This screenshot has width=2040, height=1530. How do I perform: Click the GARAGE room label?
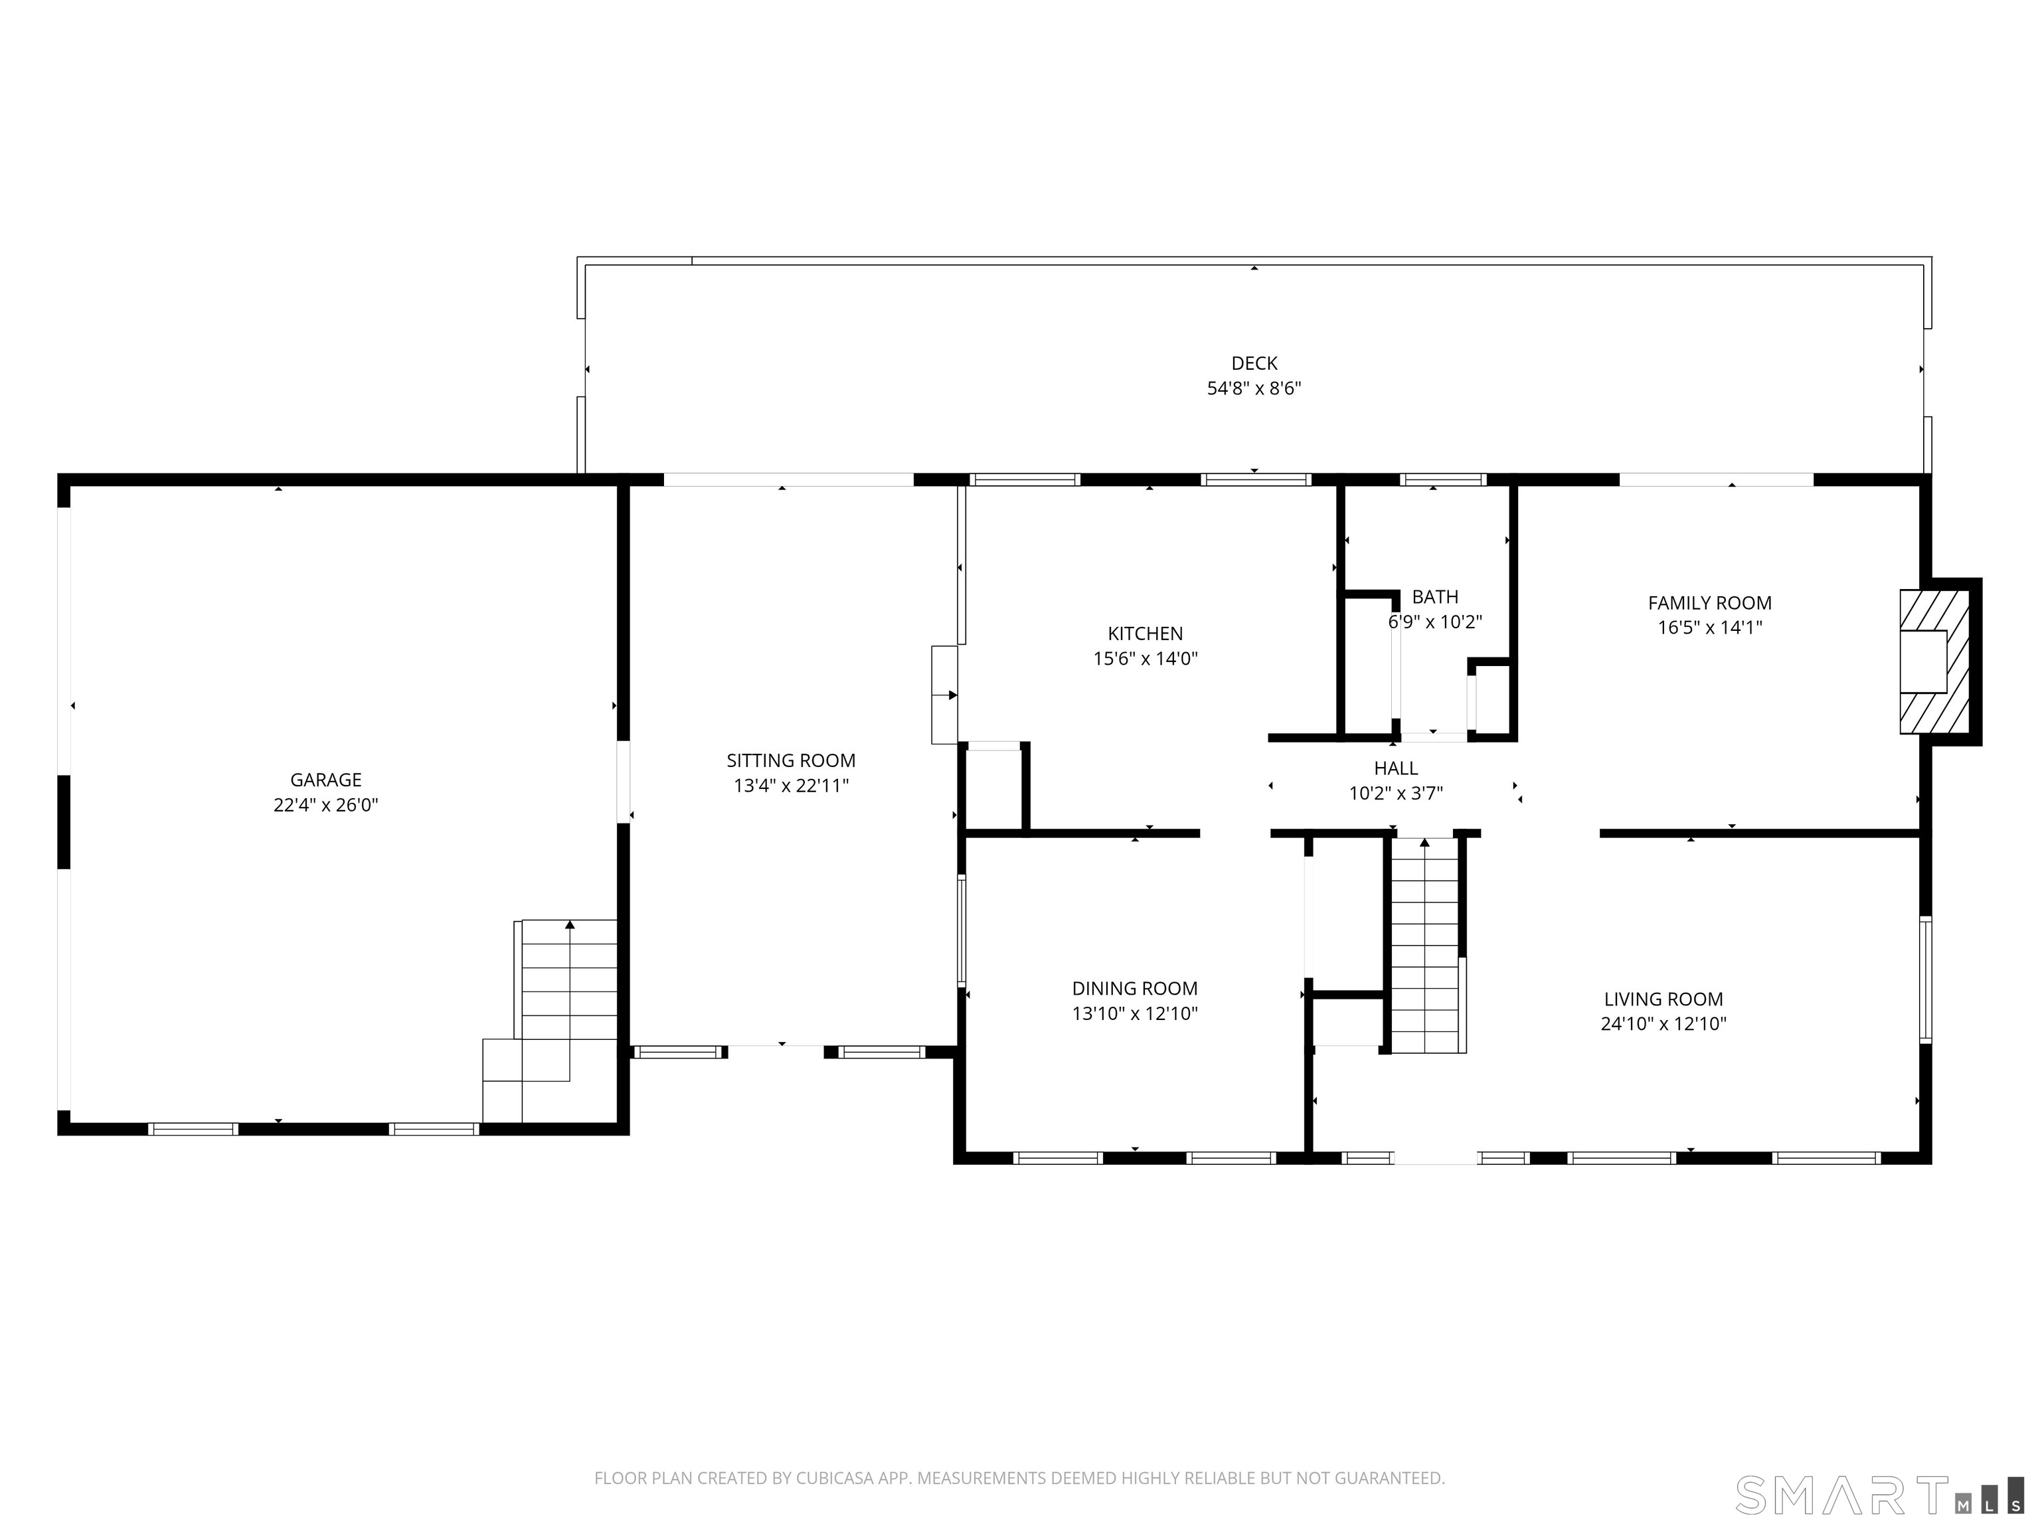coord(325,780)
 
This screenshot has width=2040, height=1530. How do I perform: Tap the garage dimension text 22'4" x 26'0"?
coord(325,805)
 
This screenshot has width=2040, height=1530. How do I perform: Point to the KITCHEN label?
coord(1144,634)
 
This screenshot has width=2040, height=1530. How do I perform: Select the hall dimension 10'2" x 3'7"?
coord(1395,793)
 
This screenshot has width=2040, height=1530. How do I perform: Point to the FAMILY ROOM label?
coord(1709,603)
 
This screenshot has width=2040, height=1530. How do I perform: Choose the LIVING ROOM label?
coord(1663,999)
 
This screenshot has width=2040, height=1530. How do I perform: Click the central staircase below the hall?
coord(1425,946)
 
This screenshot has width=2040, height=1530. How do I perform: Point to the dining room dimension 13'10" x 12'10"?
coord(1134,1013)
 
